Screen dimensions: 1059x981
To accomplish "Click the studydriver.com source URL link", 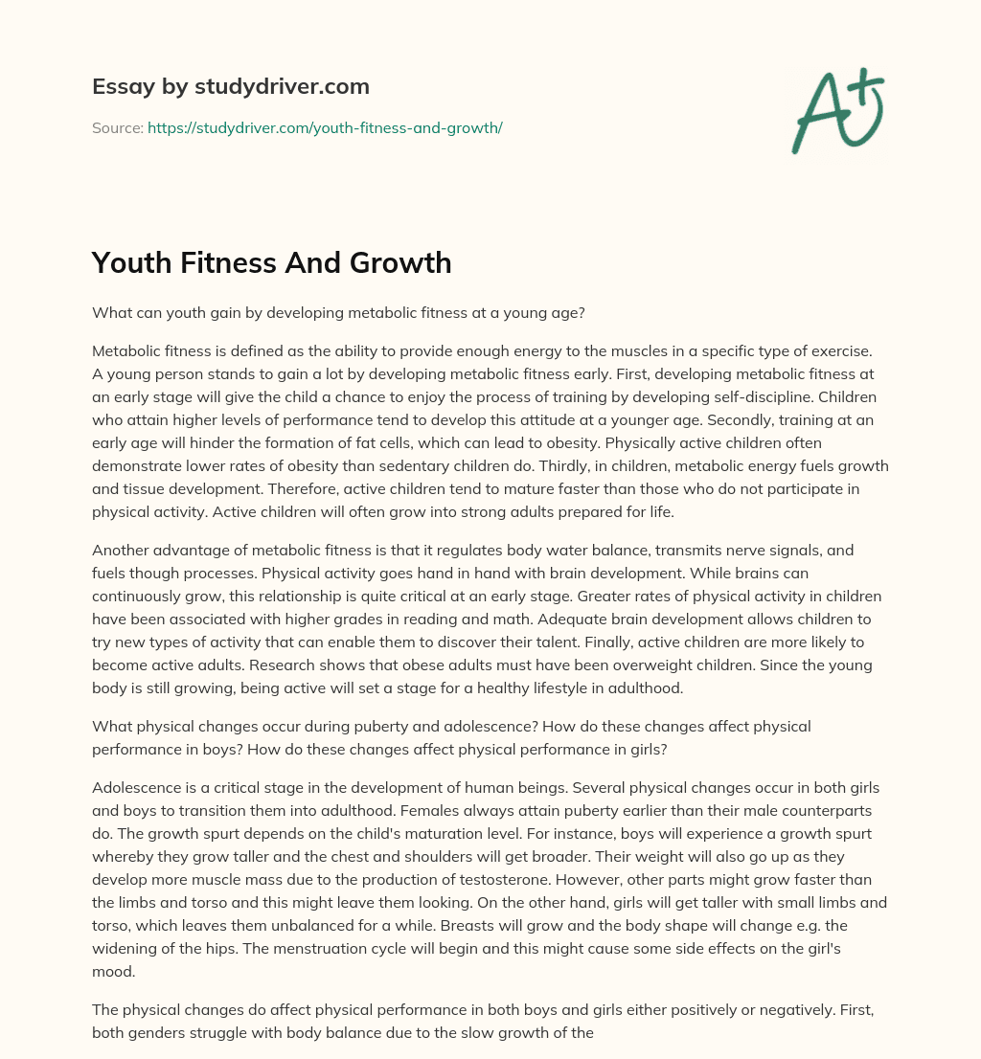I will pyautogui.click(x=325, y=127).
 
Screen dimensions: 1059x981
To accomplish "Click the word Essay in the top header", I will pyautogui.click(x=119, y=86).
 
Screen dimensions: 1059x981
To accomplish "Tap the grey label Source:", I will pyautogui.click(x=117, y=127).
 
